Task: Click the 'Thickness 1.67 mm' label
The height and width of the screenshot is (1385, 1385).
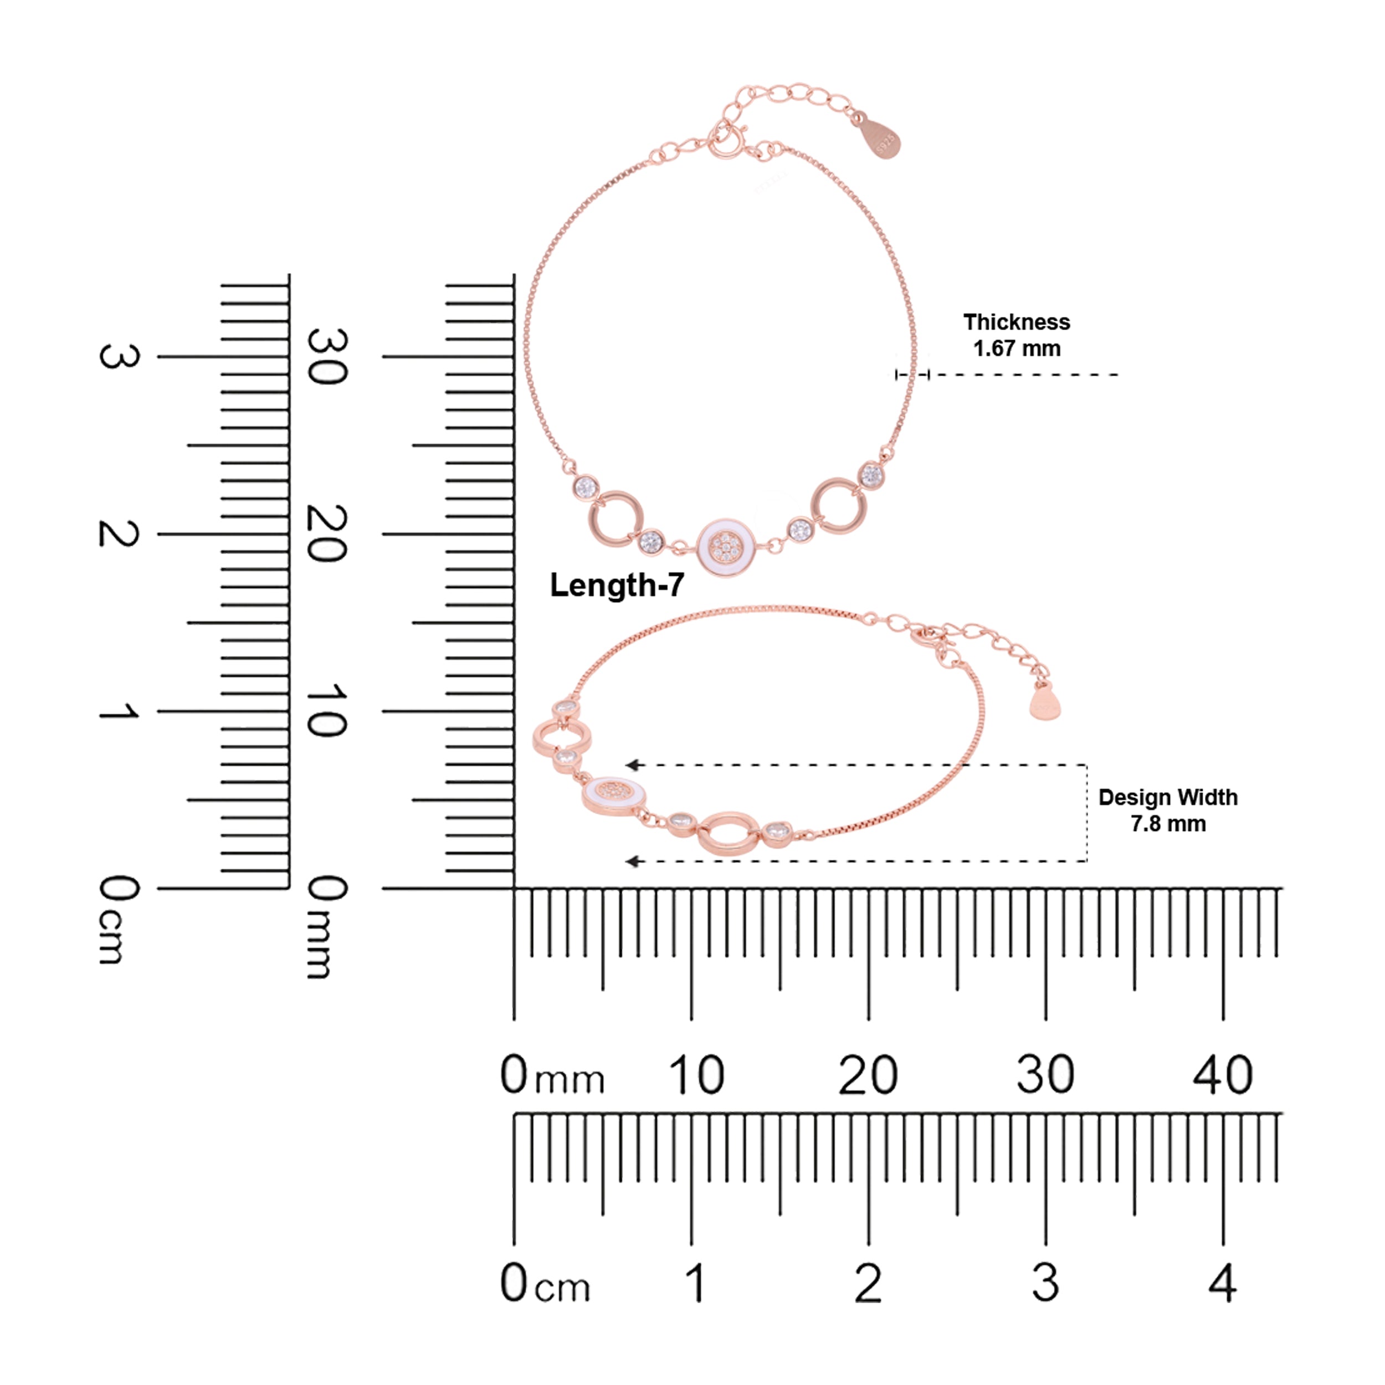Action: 1016,335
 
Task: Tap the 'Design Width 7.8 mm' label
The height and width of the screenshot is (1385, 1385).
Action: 1168,810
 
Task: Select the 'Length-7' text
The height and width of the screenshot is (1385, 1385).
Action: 617,585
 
